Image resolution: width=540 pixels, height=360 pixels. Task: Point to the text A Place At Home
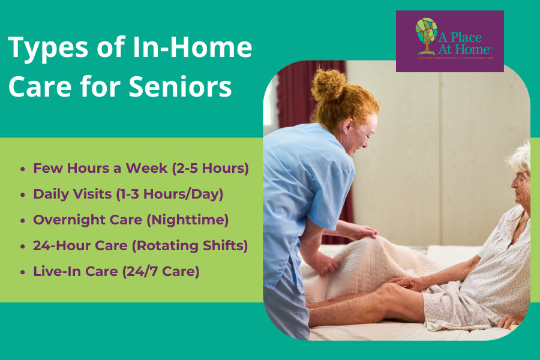pos(466,43)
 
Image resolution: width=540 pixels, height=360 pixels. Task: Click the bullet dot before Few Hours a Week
pos(23,169)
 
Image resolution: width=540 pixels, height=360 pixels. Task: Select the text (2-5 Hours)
pos(209,169)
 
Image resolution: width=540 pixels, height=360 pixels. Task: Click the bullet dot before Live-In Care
pos(23,272)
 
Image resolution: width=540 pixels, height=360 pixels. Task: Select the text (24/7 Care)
pos(160,271)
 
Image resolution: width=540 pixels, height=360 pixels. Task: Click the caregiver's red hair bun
pos(328,85)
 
